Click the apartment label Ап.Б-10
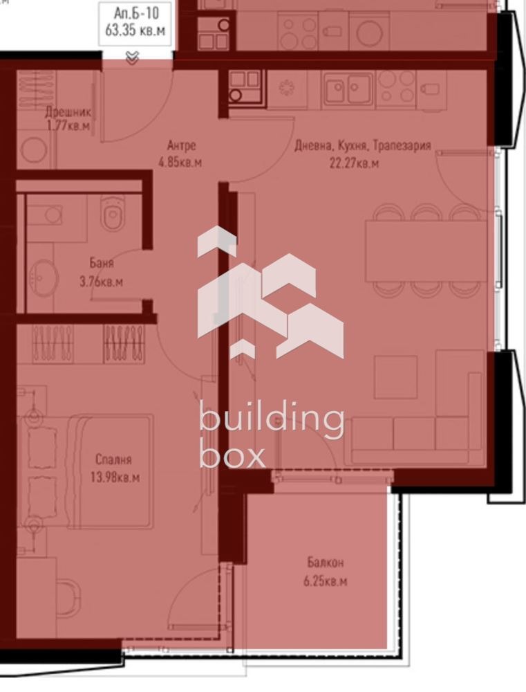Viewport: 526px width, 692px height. pos(135,13)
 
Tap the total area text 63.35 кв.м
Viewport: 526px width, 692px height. pos(135,30)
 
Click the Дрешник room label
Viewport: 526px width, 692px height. pos(68,112)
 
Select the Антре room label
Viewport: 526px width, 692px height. pos(181,145)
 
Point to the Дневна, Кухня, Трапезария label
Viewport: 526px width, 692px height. pos(362,145)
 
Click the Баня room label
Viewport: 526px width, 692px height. pos(102,264)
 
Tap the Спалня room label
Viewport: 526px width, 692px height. pos(114,460)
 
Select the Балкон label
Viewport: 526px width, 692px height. pos(326,563)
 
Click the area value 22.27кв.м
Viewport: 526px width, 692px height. pos(354,163)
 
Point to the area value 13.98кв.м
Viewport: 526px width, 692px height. pos(115,477)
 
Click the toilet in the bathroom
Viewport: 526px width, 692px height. pos(112,212)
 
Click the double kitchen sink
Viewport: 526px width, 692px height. pos(348,89)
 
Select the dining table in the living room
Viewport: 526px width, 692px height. pos(426,251)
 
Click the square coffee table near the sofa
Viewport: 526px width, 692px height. pos(395,377)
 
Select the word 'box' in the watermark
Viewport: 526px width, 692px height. pos(232,453)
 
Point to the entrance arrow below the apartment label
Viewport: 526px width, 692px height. pos(132,57)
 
